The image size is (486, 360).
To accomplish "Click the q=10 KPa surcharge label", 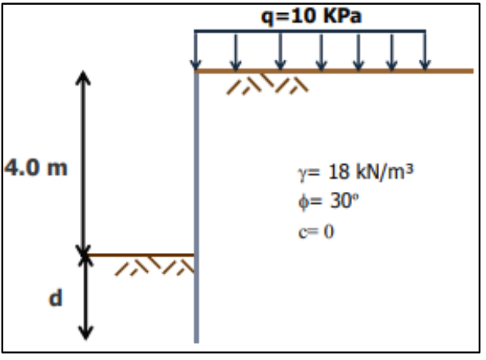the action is point(311,16).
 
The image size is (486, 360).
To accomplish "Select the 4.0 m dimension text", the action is point(36,167).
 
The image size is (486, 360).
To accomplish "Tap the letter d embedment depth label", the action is point(56,298).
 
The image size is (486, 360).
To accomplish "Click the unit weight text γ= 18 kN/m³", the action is point(356,172).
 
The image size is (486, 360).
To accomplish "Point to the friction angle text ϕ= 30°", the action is point(328,201).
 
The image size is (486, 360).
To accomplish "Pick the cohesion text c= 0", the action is point(316,232).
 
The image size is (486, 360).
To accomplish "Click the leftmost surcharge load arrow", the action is point(195,50).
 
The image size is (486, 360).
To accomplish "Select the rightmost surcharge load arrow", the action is point(425,50).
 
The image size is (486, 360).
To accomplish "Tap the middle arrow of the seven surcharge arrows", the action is point(321,52).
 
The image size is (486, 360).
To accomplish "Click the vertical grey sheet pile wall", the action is point(197,207).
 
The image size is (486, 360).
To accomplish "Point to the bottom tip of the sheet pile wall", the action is point(197,343).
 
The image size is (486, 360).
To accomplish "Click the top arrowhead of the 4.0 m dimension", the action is point(83,77).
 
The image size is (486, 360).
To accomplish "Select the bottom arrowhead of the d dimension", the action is point(86,334).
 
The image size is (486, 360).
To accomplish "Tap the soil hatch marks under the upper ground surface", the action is point(267,83).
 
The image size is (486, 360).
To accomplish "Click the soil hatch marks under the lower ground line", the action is point(154,266).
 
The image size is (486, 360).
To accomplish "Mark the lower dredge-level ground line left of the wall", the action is point(140,255).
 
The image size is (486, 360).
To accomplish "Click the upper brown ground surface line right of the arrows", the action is point(449,71).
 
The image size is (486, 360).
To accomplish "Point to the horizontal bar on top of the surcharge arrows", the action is point(310,31).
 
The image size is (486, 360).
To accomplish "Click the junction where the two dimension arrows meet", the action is point(84,255).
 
